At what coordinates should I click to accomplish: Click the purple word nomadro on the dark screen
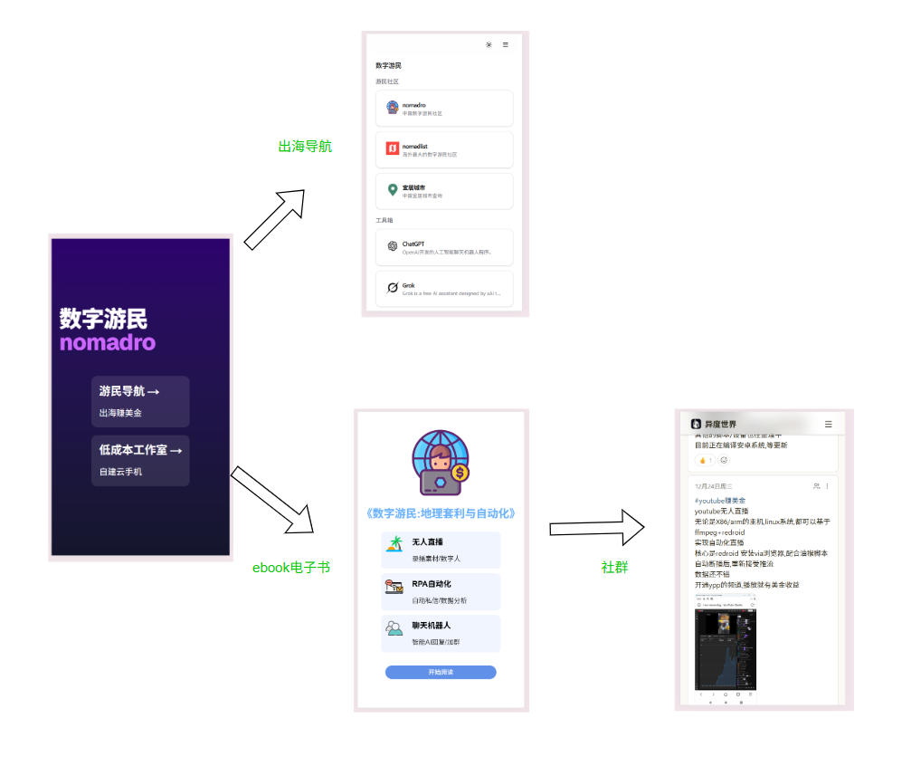pyautogui.click(x=108, y=343)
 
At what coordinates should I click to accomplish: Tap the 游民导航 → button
pyautogui.click(x=140, y=401)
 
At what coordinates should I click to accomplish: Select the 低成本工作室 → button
pyautogui.click(x=140, y=460)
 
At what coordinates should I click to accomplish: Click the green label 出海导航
pyautogui.click(x=305, y=146)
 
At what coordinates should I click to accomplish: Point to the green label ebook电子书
pyautogui.click(x=291, y=568)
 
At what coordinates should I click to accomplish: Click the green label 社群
pyautogui.click(x=614, y=568)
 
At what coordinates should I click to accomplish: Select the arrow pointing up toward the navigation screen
pyautogui.click(x=275, y=218)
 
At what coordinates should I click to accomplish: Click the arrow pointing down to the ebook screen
pyautogui.click(x=272, y=501)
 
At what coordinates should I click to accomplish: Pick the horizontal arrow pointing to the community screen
pyautogui.click(x=597, y=528)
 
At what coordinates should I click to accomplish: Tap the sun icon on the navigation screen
pyautogui.click(x=489, y=44)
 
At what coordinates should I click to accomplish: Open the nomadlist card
pyautogui.click(x=444, y=149)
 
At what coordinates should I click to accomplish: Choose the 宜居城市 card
pyautogui.click(x=444, y=191)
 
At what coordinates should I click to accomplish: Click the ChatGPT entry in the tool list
pyautogui.click(x=444, y=247)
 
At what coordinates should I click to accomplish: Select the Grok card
pyautogui.click(x=444, y=289)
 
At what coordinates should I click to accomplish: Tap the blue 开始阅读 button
pyautogui.click(x=441, y=672)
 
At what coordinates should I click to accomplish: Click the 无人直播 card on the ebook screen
pyautogui.click(x=441, y=550)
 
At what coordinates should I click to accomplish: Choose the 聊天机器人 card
pyautogui.click(x=441, y=633)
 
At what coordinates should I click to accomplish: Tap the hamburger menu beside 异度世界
pyautogui.click(x=828, y=424)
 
